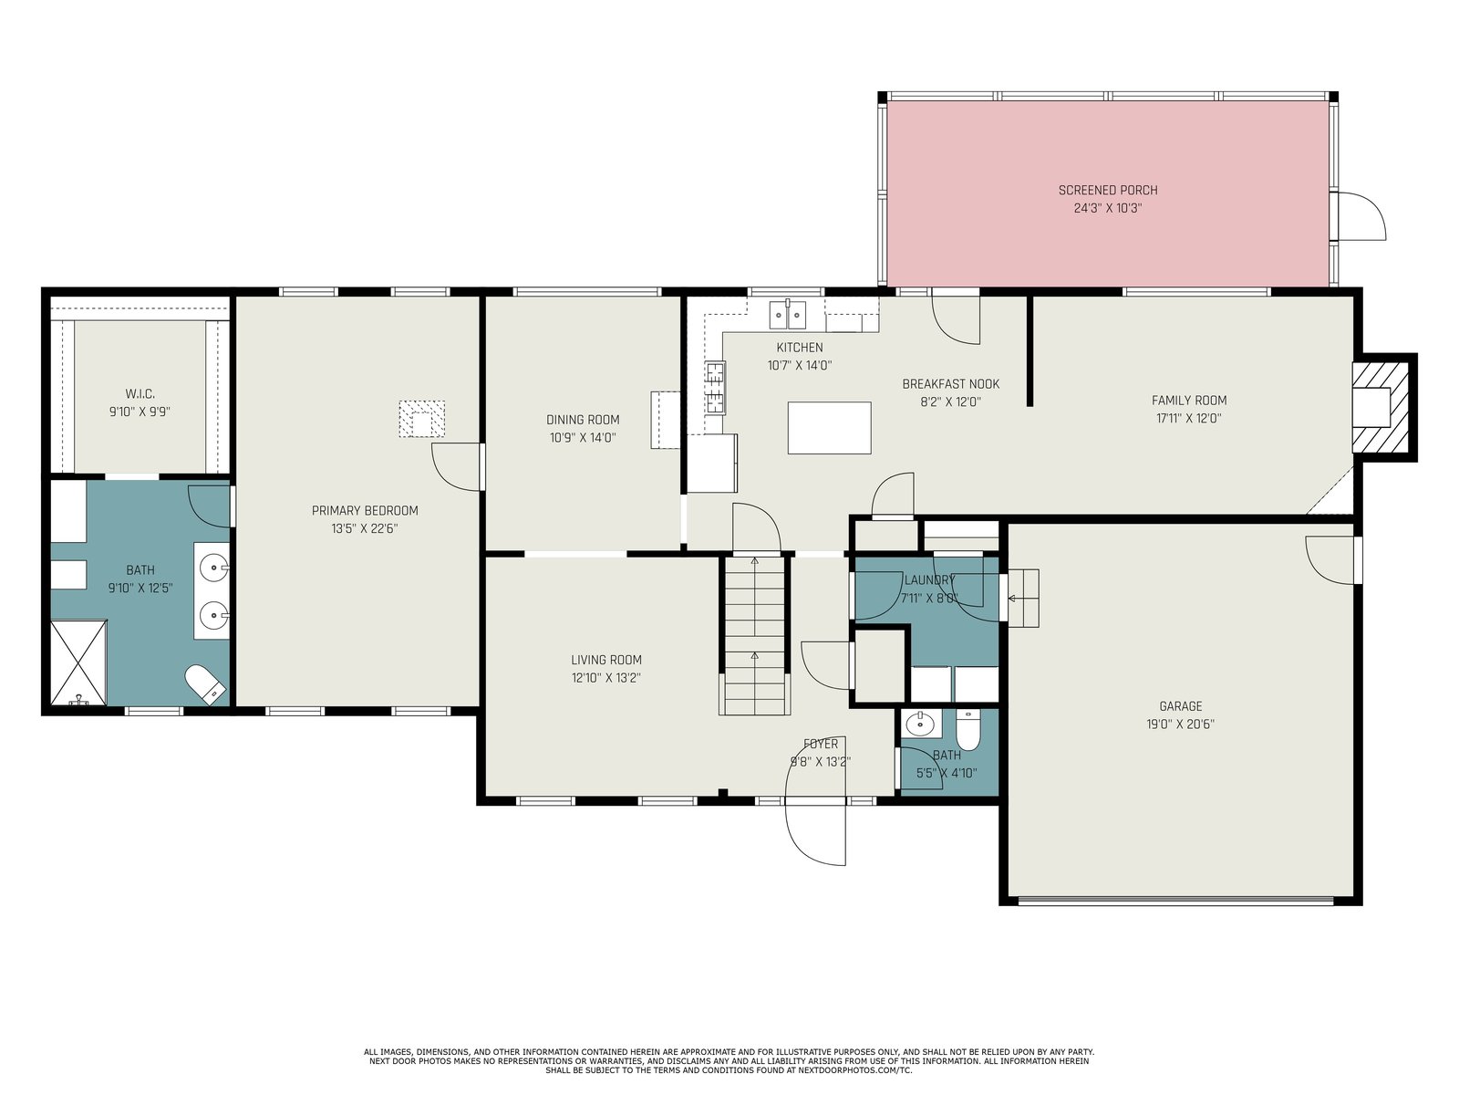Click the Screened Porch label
tap(1107, 190)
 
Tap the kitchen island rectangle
tap(829, 427)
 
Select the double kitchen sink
tap(788, 315)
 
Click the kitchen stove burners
tap(715, 388)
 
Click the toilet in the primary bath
tap(205, 684)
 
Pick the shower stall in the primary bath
tap(78, 662)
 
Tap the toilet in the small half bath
tap(967, 730)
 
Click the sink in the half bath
tap(921, 724)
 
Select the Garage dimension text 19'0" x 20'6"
tap(1181, 724)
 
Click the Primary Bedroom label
tap(365, 511)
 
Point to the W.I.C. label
tap(140, 394)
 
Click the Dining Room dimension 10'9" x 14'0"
tap(583, 437)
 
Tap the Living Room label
tap(606, 660)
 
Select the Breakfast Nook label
tap(950, 383)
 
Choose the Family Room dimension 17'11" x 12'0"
tap(1188, 418)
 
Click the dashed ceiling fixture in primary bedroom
tap(421, 419)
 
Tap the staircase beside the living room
tap(754, 635)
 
